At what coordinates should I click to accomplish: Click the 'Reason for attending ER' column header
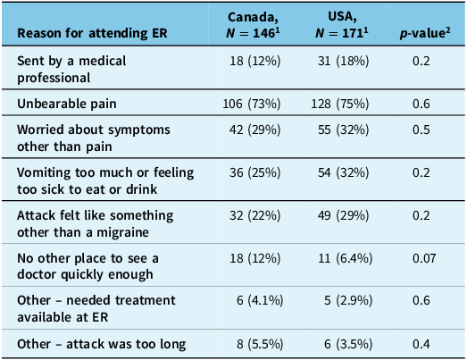coord(92,33)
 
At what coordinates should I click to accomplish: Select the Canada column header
coord(253,25)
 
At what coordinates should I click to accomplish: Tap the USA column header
coord(342,25)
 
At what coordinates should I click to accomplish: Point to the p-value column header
coord(425,33)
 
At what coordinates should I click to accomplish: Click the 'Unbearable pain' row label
coord(67,104)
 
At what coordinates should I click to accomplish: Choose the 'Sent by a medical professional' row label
coord(71,69)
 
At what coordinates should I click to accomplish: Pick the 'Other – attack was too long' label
coord(102,344)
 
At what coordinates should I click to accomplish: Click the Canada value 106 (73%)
coord(252,104)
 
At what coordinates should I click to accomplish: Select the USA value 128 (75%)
coord(340,104)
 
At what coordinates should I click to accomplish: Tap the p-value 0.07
coord(424,258)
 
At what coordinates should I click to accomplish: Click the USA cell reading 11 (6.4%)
coord(346,258)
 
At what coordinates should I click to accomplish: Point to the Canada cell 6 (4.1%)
coord(260,300)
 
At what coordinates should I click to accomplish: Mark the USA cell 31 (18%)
coord(344,61)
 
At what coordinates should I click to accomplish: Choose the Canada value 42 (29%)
coord(255,130)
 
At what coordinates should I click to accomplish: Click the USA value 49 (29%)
coord(344,215)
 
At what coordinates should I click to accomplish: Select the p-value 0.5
coord(421,130)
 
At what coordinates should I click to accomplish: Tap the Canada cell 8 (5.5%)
coord(260,344)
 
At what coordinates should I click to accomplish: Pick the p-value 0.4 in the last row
coord(421,344)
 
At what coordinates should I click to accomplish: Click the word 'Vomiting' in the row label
coord(45,172)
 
